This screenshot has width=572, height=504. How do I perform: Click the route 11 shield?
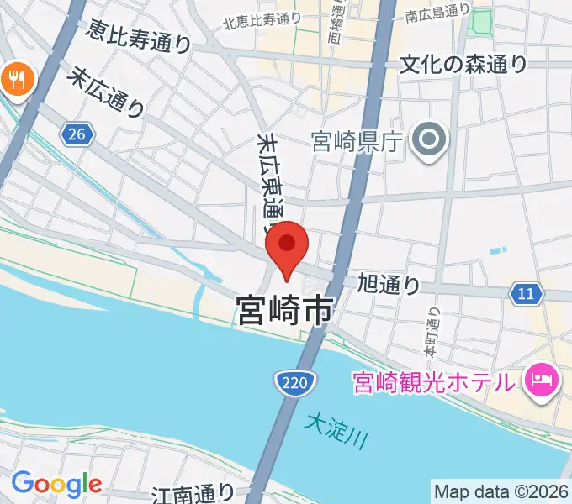point(526,293)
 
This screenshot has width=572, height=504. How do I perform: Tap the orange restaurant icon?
point(14,80)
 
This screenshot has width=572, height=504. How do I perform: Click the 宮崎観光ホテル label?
point(432,383)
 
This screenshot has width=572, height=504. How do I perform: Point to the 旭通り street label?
point(389,284)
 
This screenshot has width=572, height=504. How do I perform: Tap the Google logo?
point(56,483)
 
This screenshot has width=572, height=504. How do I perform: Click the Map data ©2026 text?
point(501,491)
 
